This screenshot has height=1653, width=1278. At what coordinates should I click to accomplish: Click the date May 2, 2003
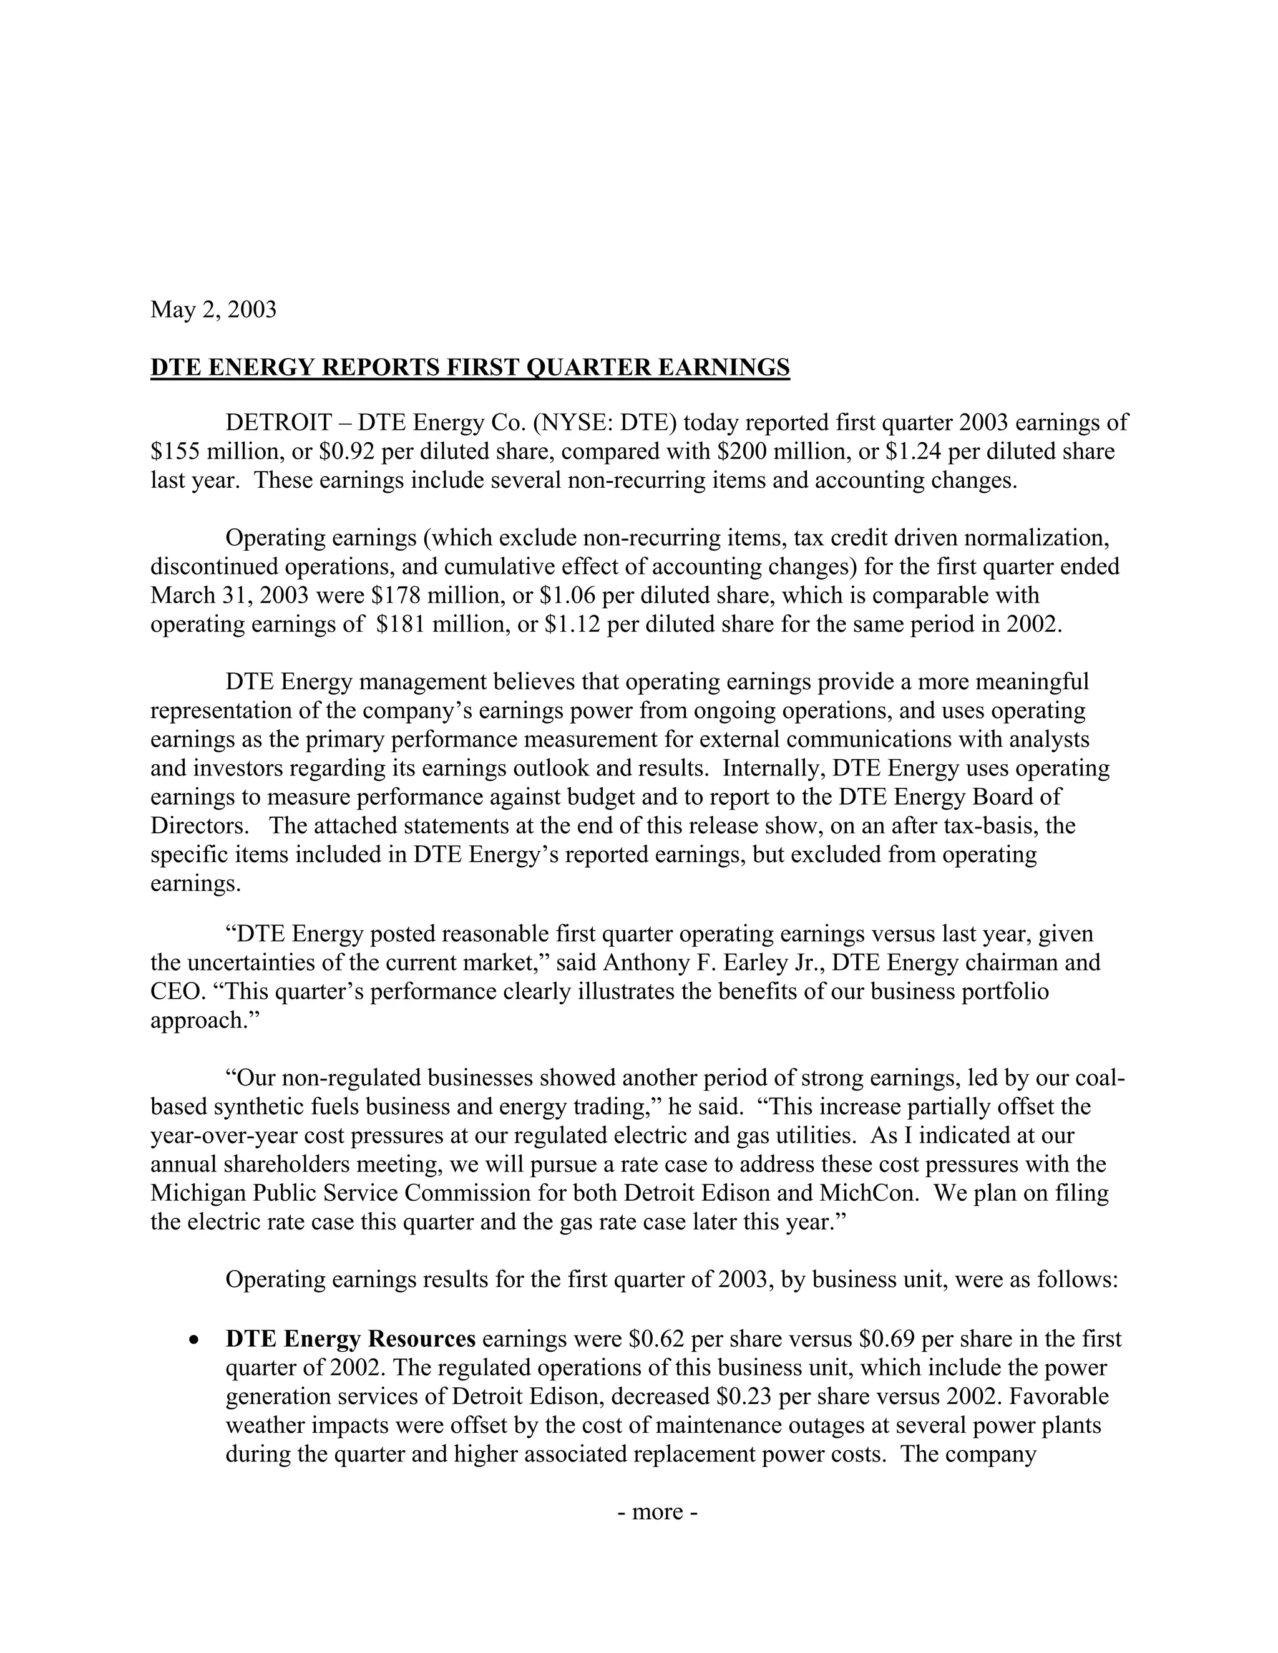point(213,309)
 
